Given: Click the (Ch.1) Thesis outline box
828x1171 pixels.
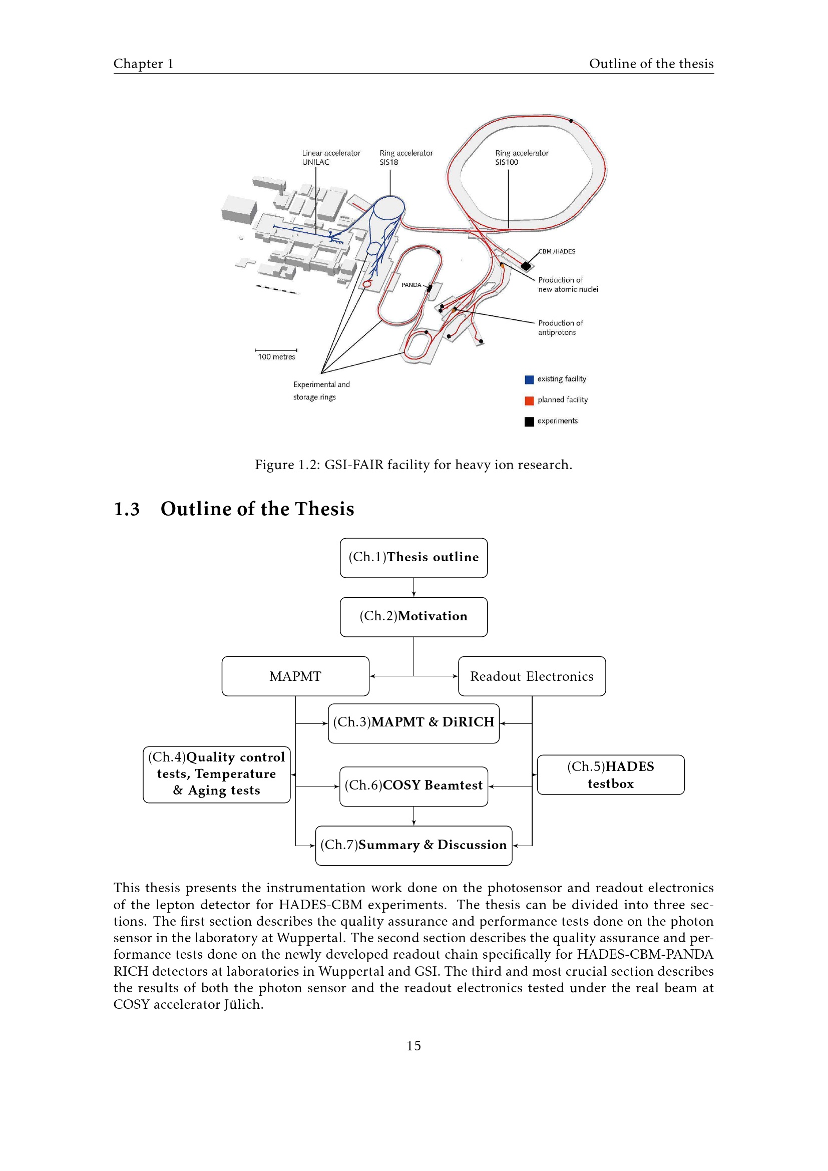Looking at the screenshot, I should point(413,557).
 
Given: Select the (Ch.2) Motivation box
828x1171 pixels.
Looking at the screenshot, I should point(413,617).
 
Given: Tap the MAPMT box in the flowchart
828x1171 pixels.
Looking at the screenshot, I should point(295,676).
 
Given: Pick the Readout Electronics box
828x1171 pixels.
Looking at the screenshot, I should point(532,676).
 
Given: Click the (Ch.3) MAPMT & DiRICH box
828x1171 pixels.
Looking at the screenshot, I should point(413,723).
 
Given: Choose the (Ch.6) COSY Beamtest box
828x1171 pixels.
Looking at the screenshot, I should point(413,786).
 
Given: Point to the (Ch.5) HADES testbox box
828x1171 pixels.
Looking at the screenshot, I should point(610,774).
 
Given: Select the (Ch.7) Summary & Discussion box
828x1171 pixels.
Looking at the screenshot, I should point(413,845).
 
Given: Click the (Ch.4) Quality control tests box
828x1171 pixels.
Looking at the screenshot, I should point(217,774).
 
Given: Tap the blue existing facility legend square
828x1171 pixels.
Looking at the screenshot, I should point(529,379).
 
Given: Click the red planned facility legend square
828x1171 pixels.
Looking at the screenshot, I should point(529,401).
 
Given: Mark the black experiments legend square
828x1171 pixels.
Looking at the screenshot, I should point(529,421).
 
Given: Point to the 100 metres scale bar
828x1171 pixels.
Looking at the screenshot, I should point(276,350).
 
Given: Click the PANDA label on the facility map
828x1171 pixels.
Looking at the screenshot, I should point(411,285).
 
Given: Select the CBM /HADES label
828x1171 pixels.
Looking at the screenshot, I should point(557,251).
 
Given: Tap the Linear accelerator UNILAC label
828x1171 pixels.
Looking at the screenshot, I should point(330,158).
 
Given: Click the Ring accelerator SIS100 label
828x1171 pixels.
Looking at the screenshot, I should point(521,158).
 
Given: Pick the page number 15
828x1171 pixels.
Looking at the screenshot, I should point(413,1046).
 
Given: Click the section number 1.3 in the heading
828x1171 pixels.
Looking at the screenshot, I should point(127,509).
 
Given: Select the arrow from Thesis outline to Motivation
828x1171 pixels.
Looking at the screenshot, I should point(413,587).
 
